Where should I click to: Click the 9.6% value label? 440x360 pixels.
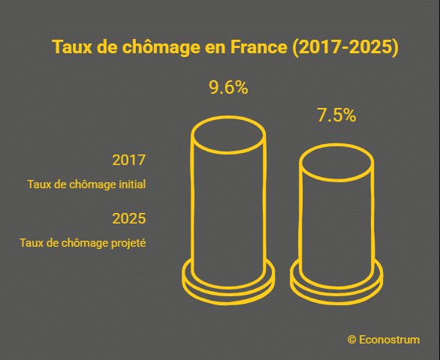[x=228, y=88]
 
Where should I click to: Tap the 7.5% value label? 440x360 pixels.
[x=336, y=115]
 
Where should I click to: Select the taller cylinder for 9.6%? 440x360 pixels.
[x=228, y=202]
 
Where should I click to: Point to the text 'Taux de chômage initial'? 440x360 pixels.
[x=86, y=184]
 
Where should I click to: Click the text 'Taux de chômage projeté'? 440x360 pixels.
[x=83, y=243]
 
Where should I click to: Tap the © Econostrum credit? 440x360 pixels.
[x=384, y=339]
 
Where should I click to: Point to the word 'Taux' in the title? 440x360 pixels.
[x=70, y=46]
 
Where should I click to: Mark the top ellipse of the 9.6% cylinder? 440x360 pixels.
[x=228, y=135]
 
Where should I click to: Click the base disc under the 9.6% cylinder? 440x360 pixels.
[x=228, y=283]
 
